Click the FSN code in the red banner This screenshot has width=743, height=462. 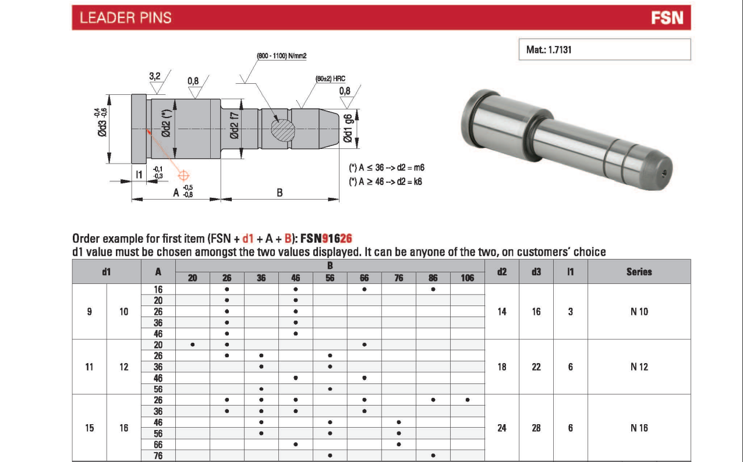pos(667,18)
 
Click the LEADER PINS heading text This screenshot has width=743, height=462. pos(125,17)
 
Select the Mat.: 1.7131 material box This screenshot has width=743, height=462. pos(604,49)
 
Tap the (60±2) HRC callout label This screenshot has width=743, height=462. pos(330,79)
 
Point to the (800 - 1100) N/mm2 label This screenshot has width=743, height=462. pos(282,56)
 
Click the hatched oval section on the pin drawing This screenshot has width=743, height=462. pos(283,129)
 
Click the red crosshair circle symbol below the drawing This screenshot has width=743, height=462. pos(183,175)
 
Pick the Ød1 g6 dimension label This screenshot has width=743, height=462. pos(347,129)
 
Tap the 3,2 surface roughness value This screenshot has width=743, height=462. pos(154,76)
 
